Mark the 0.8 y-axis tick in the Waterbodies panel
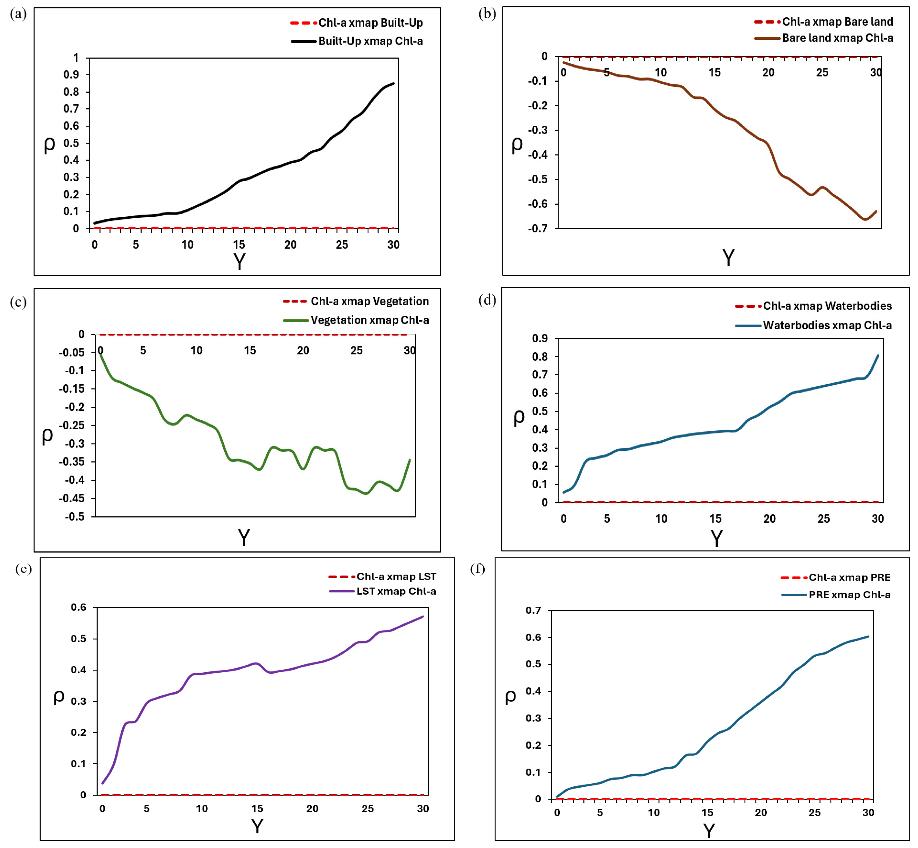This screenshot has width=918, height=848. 540,356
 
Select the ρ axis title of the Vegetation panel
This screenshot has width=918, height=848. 47,435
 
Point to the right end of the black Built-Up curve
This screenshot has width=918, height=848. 394,83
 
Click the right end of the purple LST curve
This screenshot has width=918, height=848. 423,616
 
